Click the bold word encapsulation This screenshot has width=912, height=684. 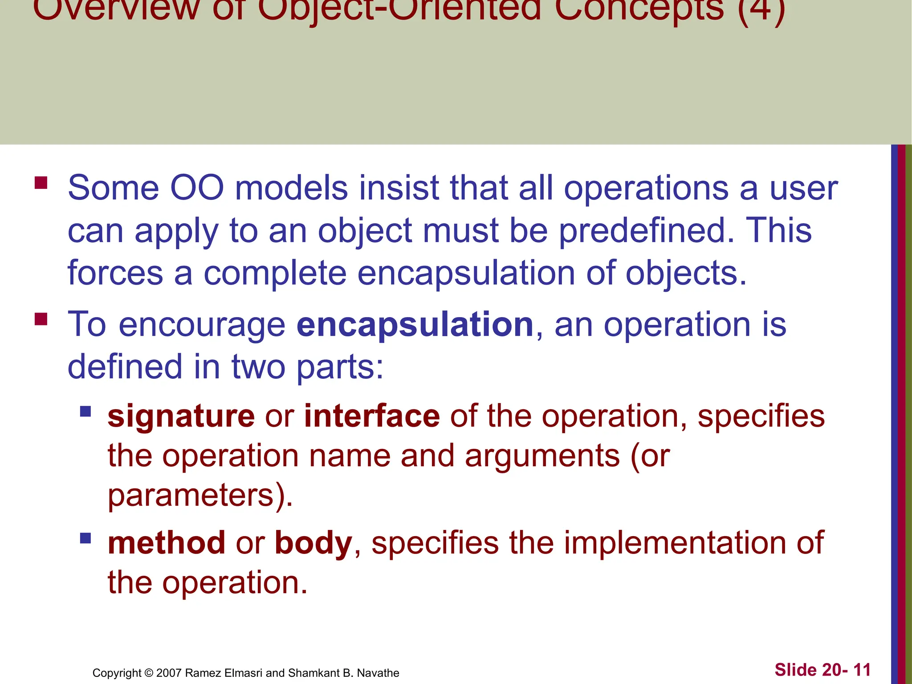click(x=415, y=325)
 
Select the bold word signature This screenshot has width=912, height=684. click(x=181, y=416)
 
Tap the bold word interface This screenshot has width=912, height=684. click(x=372, y=416)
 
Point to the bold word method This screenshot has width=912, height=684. click(x=166, y=543)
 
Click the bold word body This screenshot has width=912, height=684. click(x=313, y=543)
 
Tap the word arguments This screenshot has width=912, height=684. click(x=542, y=456)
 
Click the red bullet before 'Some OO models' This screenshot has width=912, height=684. click(x=41, y=183)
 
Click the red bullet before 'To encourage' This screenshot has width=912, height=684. click(x=41, y=319)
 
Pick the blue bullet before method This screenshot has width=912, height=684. click(x=85, y=538)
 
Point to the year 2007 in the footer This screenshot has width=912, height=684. click(x=169, y=673)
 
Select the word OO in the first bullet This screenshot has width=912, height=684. click(x=197, y=188)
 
